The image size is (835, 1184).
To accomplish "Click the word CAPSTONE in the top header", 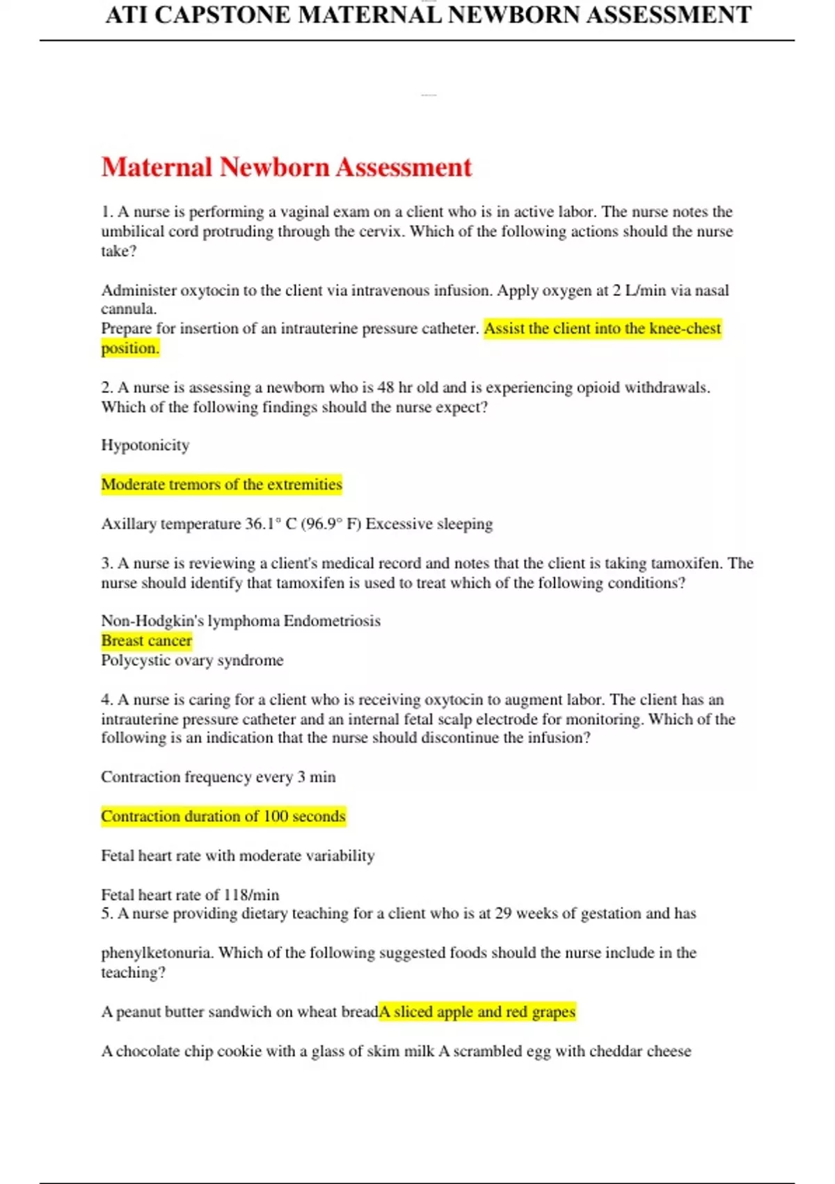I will pyautogui.click(x=222, y=15).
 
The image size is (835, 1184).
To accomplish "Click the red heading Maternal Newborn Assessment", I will pyautogui.click(x=286, y=167).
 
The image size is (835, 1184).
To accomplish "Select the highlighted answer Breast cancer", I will pyautogui.click(x=146, y=641).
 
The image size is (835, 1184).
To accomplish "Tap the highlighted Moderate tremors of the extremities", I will pyautogui.click(x=221, y=485).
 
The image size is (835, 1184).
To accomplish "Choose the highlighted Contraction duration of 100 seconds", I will pyautogui.click(x=223, y=816).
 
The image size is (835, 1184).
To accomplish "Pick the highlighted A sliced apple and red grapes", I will pyautogui.click(x=477, y=1012).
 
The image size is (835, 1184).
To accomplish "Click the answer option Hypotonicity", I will pyautogui.click(x=145, y=445).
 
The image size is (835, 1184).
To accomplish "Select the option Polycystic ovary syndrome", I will pyautogui.click(x=192, y=660).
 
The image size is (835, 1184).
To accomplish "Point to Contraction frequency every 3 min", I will pyautogui.click(x=218, y=777).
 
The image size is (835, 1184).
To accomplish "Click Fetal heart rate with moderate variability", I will pyautogui.click(x=237, y=856).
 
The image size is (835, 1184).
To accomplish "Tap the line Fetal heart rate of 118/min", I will pyautogui.click(x=190, y=895).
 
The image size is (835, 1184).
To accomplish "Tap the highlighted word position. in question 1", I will pyautogui.click(x=130, y=348).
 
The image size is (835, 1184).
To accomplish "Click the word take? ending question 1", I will pyautogui.click(x=118, y=251).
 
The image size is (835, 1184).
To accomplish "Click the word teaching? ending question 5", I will pyautogui.click(x=133, y=972).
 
